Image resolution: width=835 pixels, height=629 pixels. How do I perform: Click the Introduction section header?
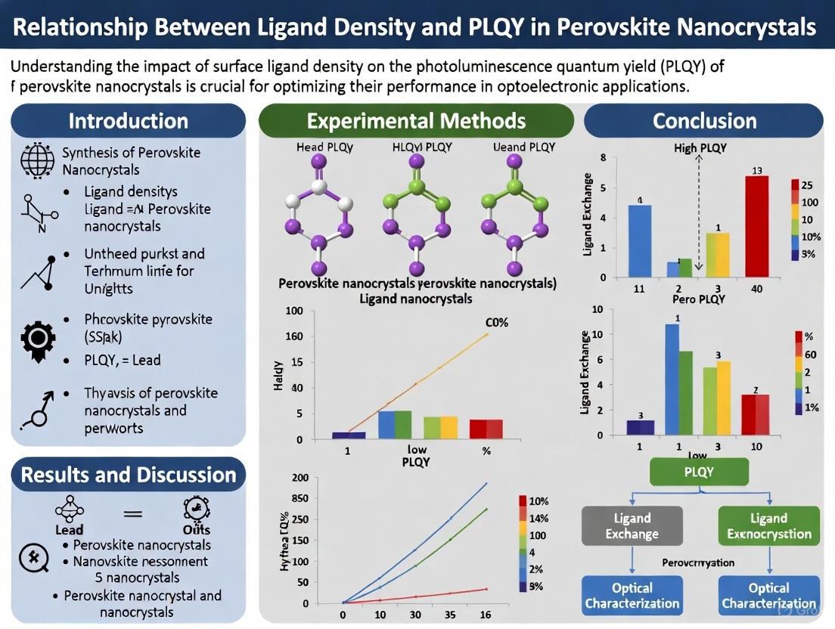click(x=128, y=121)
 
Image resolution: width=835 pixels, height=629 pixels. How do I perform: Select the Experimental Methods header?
click(x=416, y=121)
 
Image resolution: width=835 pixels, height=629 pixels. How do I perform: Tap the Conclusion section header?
click(x=704, y=121)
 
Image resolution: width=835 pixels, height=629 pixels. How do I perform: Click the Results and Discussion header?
click(x=128, y=475)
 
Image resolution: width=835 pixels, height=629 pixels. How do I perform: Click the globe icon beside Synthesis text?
click(x=37, y=160)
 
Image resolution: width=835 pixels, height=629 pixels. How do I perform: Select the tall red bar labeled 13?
click(x=756, y=226)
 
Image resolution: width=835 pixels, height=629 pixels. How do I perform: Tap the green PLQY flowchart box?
click(x=699, y=472)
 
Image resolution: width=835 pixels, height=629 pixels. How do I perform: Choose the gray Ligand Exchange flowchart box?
click(x=632, y=526)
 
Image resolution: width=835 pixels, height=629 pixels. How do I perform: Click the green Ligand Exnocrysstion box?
click(x=768, y=526)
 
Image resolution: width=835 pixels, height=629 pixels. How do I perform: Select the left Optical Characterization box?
click(x=632, y=596)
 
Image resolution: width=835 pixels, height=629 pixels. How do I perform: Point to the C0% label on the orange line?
click(x=496, y=322)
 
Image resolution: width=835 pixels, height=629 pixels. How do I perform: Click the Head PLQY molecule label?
click(x=324, y=147)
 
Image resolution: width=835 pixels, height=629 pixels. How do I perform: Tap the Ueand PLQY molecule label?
click(x=523, y=147)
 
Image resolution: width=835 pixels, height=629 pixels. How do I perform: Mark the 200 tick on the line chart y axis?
click(x=300, y=478)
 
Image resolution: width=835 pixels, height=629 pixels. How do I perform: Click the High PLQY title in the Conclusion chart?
click(x=700, y=148)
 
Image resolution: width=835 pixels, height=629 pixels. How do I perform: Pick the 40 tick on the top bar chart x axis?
click(x=756, y=289)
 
